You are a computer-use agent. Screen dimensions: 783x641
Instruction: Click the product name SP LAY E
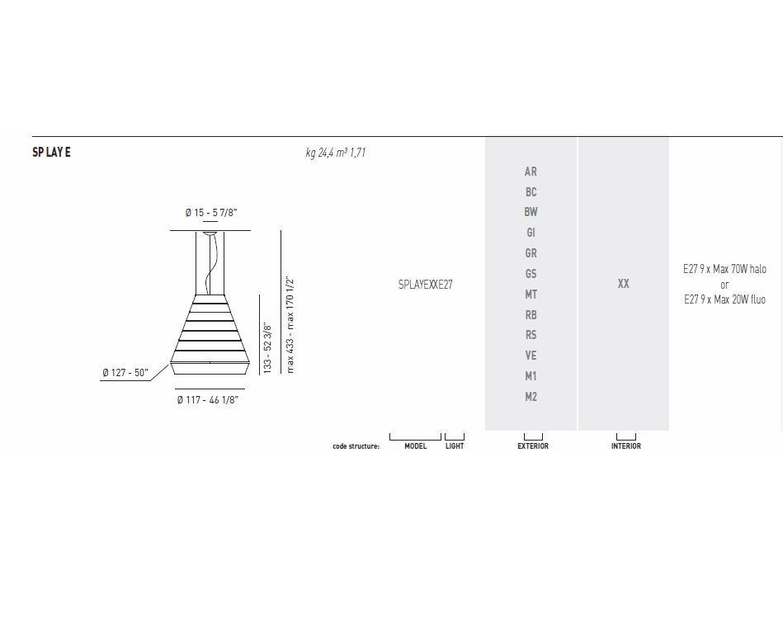point(51,153)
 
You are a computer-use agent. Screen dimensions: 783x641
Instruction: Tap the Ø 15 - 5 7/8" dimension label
point(210,213)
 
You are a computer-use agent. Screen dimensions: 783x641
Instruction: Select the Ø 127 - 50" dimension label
point(125,372)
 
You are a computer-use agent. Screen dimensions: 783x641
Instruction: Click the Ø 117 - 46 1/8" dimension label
point(208,399)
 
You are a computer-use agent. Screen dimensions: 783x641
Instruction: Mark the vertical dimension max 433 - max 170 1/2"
point(290,326)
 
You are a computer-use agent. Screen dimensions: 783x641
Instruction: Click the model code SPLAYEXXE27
point(426,285)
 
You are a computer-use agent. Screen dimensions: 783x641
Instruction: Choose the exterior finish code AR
point(531,172)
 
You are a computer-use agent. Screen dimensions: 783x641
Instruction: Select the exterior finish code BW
point(531,212)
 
